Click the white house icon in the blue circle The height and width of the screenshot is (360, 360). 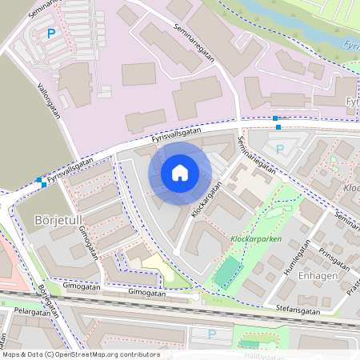(x=180, y=173)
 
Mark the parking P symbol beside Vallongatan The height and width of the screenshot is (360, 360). (x=51, y=34)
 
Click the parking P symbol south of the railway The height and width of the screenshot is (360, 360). (x=212, y=334)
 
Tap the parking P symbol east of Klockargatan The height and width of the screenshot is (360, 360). (x=280, y=149)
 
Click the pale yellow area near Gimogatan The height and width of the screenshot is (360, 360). (x=155, y=269)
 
